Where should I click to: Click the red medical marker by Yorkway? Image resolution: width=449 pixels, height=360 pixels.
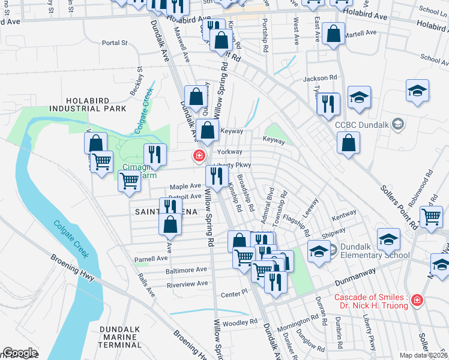pyautogui.click(x=197, y=156)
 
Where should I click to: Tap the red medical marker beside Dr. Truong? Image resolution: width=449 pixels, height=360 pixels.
pyautogui.click(x=417, y=301)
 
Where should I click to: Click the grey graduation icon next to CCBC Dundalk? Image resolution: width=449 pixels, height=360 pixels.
pyautogui.click(x=396, y=124)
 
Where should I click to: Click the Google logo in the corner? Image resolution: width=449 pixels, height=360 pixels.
pyautogui.click(x=20, y=353)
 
